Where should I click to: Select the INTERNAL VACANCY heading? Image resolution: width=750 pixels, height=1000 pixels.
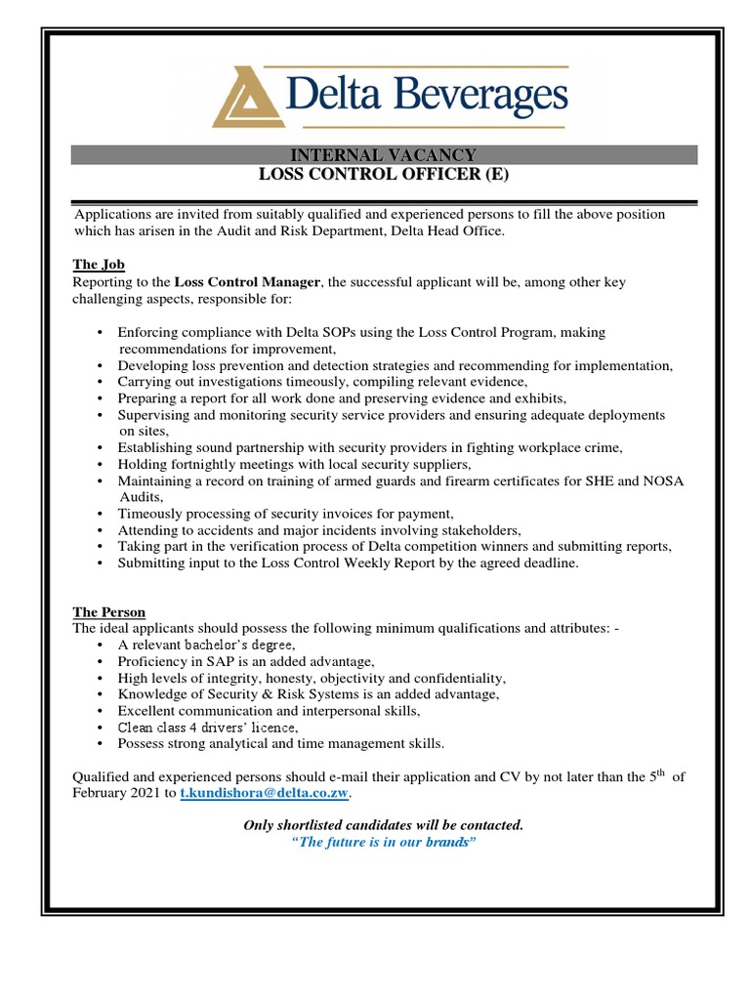click(x=385, y=155)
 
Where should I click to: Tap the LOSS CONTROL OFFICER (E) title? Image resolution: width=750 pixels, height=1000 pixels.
click(x=385, y=175)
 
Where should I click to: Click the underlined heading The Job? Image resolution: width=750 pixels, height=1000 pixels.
click(x=100, y=265)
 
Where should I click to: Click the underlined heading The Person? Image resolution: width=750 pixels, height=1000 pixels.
click(x=109, y=612)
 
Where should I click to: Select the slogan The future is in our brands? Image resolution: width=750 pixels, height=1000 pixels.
click(x=384, y=842)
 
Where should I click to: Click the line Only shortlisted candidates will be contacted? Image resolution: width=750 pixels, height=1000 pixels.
click(x=384, y=825)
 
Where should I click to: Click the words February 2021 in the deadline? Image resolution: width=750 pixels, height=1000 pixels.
click(x=123, y=795)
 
